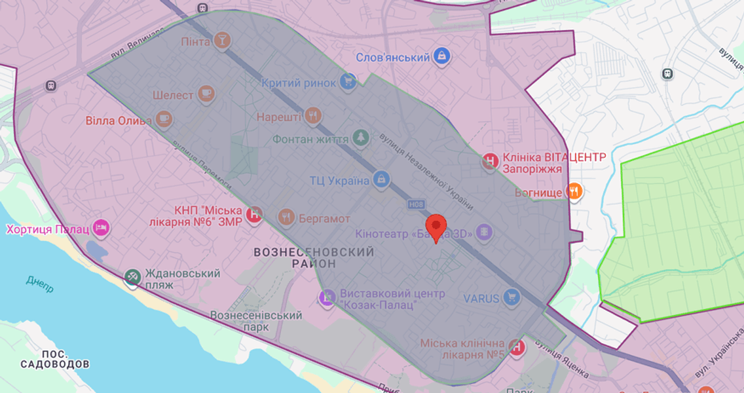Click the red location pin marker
pos(436,227)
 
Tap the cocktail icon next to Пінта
pos(222,41)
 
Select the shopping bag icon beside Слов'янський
pos(442,57)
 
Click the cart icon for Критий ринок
pos(348,83)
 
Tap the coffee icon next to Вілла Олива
pos(164,121)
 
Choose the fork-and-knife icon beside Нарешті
pos(314,117)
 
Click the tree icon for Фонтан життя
pos(360,138)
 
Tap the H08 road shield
pos(416,204)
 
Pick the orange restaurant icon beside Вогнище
pos(574,191)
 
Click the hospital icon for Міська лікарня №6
pos(253,214)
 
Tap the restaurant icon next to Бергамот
pos(286,217)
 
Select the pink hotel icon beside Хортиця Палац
pos(101,229)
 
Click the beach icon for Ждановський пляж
pos(133,278)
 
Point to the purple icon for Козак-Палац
pos(326,297)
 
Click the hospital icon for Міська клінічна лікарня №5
pos(517,347)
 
